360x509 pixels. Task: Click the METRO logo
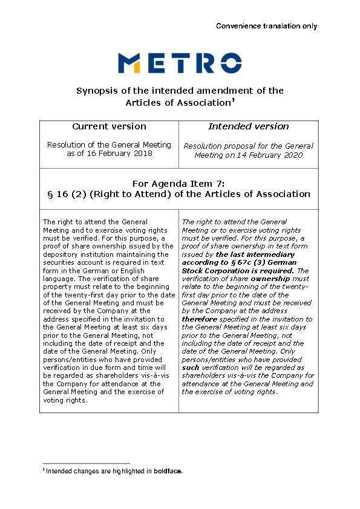tap(180, 63)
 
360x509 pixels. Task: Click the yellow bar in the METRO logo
tap(137, 68)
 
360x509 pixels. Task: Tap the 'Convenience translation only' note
tap(266, 26)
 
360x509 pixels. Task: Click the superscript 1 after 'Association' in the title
tap(233, 100)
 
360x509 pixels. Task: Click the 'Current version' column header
tap(109, 126)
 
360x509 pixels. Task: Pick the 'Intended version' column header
tap(249, 126)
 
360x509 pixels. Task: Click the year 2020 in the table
tap(290, 155)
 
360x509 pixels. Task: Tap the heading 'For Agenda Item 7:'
tap(179, 183)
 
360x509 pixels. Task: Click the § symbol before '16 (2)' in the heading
tap(50, 194)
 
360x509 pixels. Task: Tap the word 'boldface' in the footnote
tap(167, 471)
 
